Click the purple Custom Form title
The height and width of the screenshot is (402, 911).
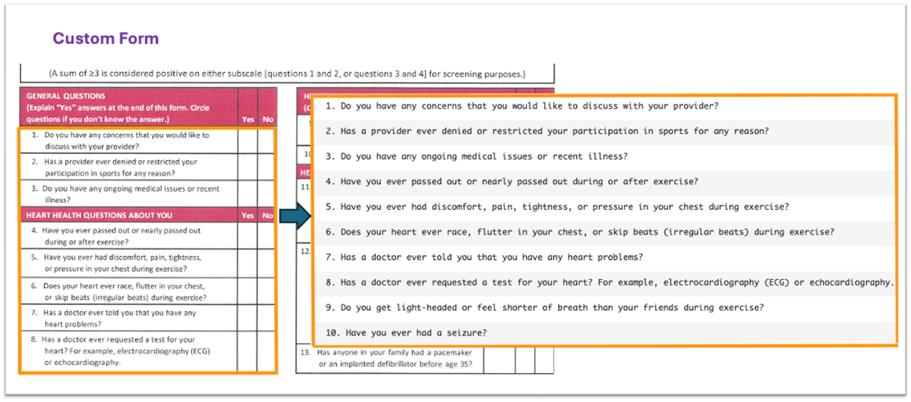tap(106, 39)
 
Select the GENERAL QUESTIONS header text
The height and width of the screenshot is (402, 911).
tap(66, 96)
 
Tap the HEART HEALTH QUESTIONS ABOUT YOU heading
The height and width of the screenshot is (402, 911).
tap(99, 215)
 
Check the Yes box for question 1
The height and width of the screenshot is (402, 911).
tap(248, 141)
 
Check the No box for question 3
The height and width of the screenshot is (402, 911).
tap(267, 194)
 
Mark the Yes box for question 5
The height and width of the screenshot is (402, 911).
tap(248, 263)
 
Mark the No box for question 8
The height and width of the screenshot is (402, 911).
tap(266, 351)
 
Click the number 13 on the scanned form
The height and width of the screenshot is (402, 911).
tap(305, 353)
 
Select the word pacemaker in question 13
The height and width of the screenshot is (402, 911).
tap(452, 353)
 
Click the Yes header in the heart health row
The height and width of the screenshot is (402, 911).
tap(248, 215)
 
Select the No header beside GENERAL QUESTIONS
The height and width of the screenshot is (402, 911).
tap(268, 119)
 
